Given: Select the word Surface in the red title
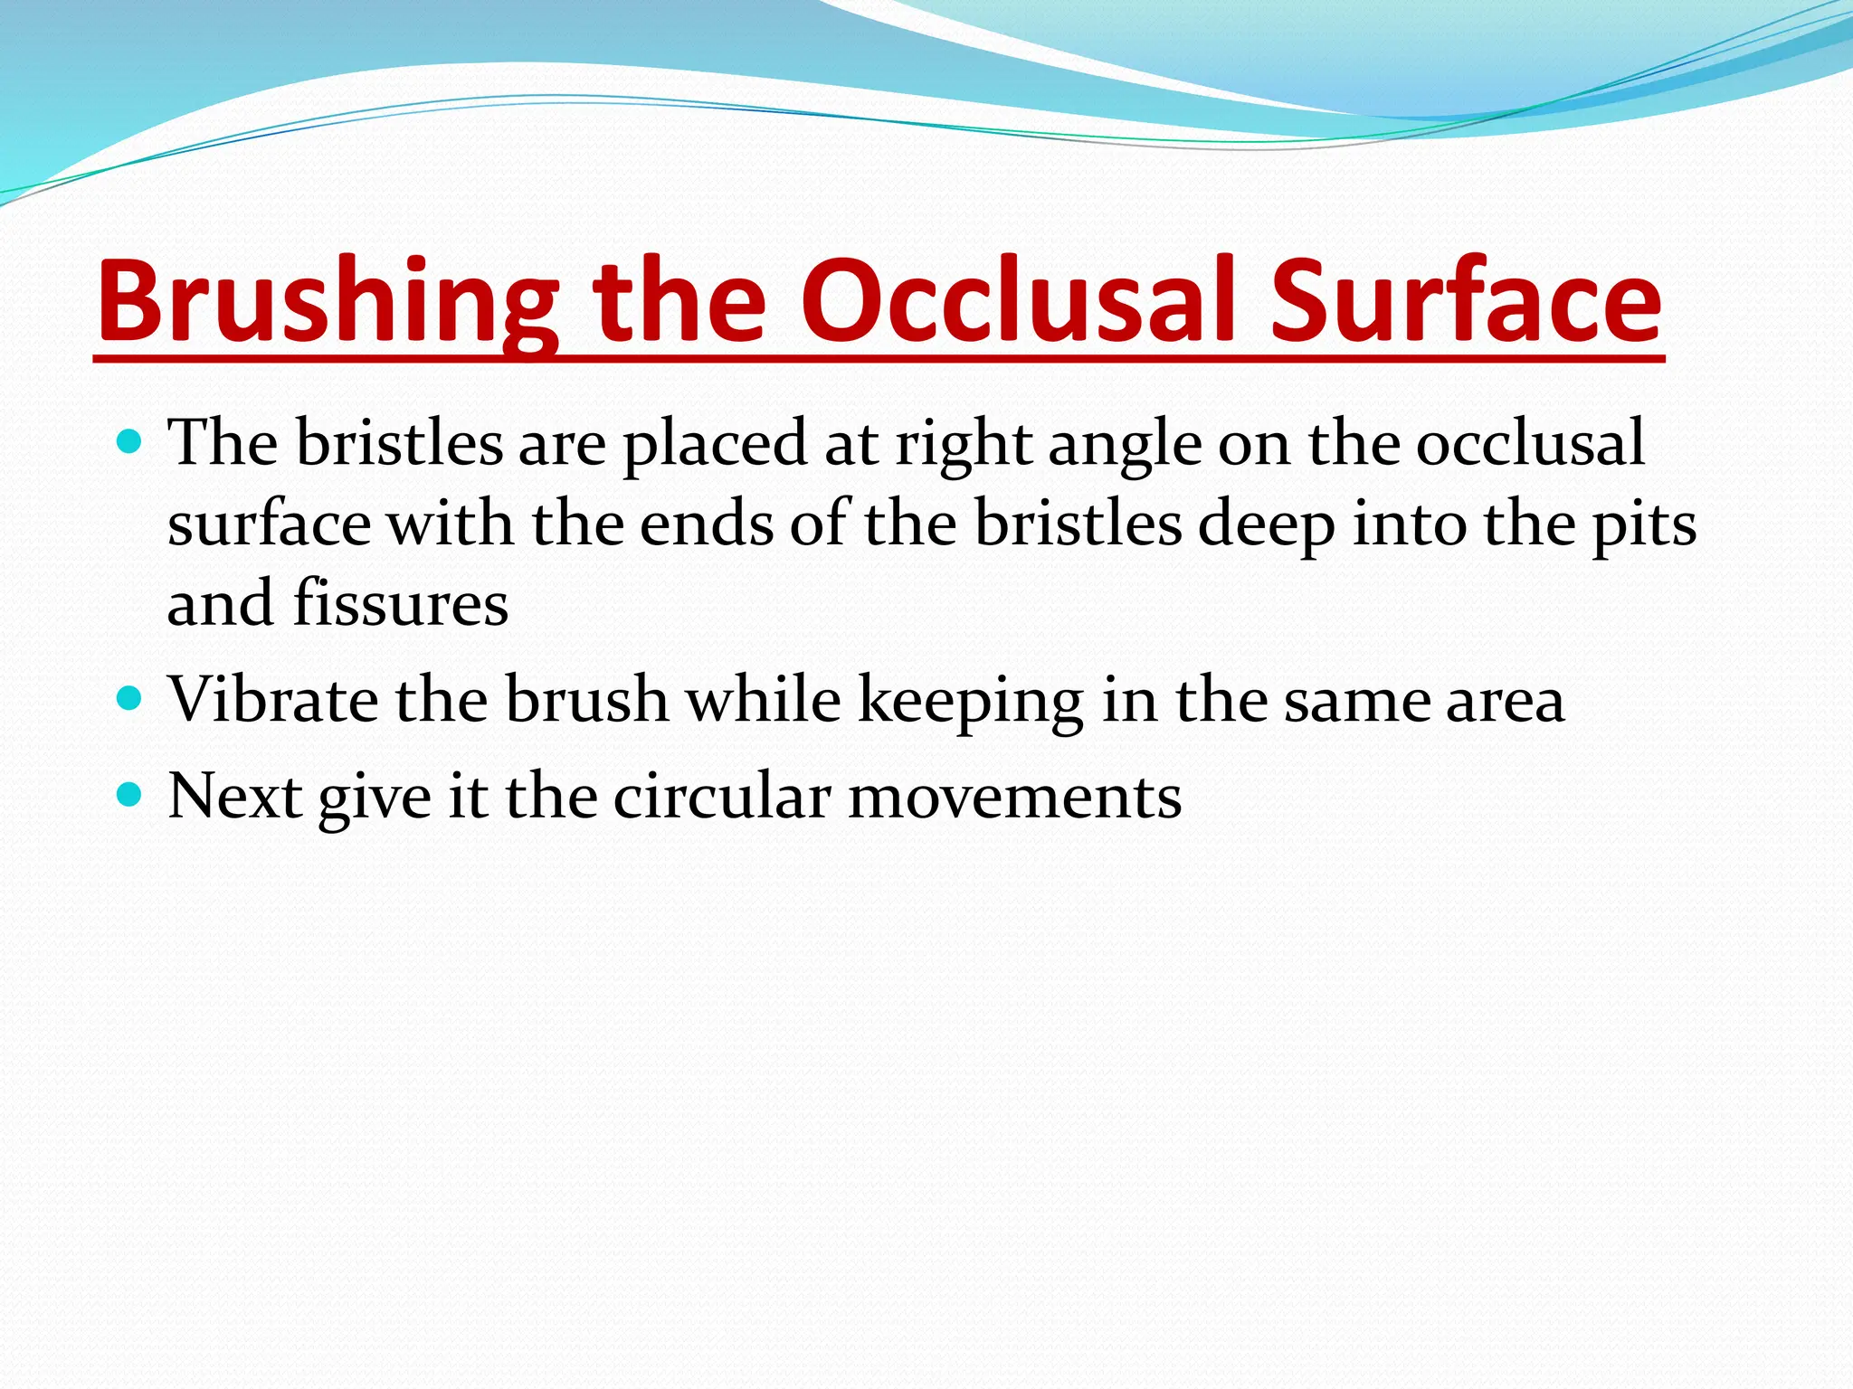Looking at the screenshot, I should coord(1465,303).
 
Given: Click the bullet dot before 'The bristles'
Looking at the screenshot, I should coord(130,442).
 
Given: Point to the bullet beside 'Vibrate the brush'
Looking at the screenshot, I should coord(130,699).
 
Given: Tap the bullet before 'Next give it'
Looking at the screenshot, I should coord(130,796).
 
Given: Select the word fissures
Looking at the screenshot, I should coord(401,603).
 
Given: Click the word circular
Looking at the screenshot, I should coord(721,797).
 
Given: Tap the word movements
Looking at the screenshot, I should coord(1014,797).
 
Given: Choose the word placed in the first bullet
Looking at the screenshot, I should coord(715,445).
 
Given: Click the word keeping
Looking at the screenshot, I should coord(971,702).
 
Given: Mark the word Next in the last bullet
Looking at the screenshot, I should coord(235,797).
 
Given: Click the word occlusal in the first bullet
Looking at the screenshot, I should coord(1529,443).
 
